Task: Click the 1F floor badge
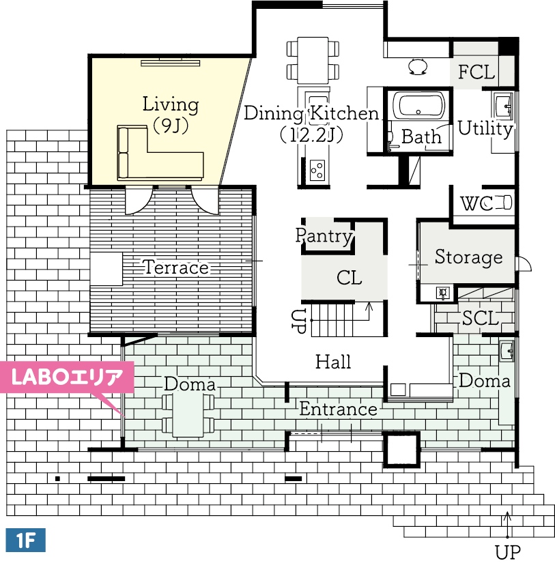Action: tap(25, 540)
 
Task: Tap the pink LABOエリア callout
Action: tap(67, 377)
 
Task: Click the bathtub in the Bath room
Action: tap(418, 106)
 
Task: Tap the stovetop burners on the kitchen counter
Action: tap(317, 170)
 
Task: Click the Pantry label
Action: tap(324, 236)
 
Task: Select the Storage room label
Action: tap(468, 257)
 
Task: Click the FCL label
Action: tap(476, 72)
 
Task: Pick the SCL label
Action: tap(481, 318)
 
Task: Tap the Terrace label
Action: tap(176, 268)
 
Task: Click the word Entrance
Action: tap(338, 409)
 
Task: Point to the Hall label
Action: tap(333, 362)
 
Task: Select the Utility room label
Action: tap(485, 128)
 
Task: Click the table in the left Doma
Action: tap(188, 415)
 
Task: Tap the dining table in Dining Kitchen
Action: tap(313, 60)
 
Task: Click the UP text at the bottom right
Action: tap(507, 553)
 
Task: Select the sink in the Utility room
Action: tap(503, 105)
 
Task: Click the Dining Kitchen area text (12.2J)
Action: tap(311, 135)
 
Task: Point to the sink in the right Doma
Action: tap(507, 351)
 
